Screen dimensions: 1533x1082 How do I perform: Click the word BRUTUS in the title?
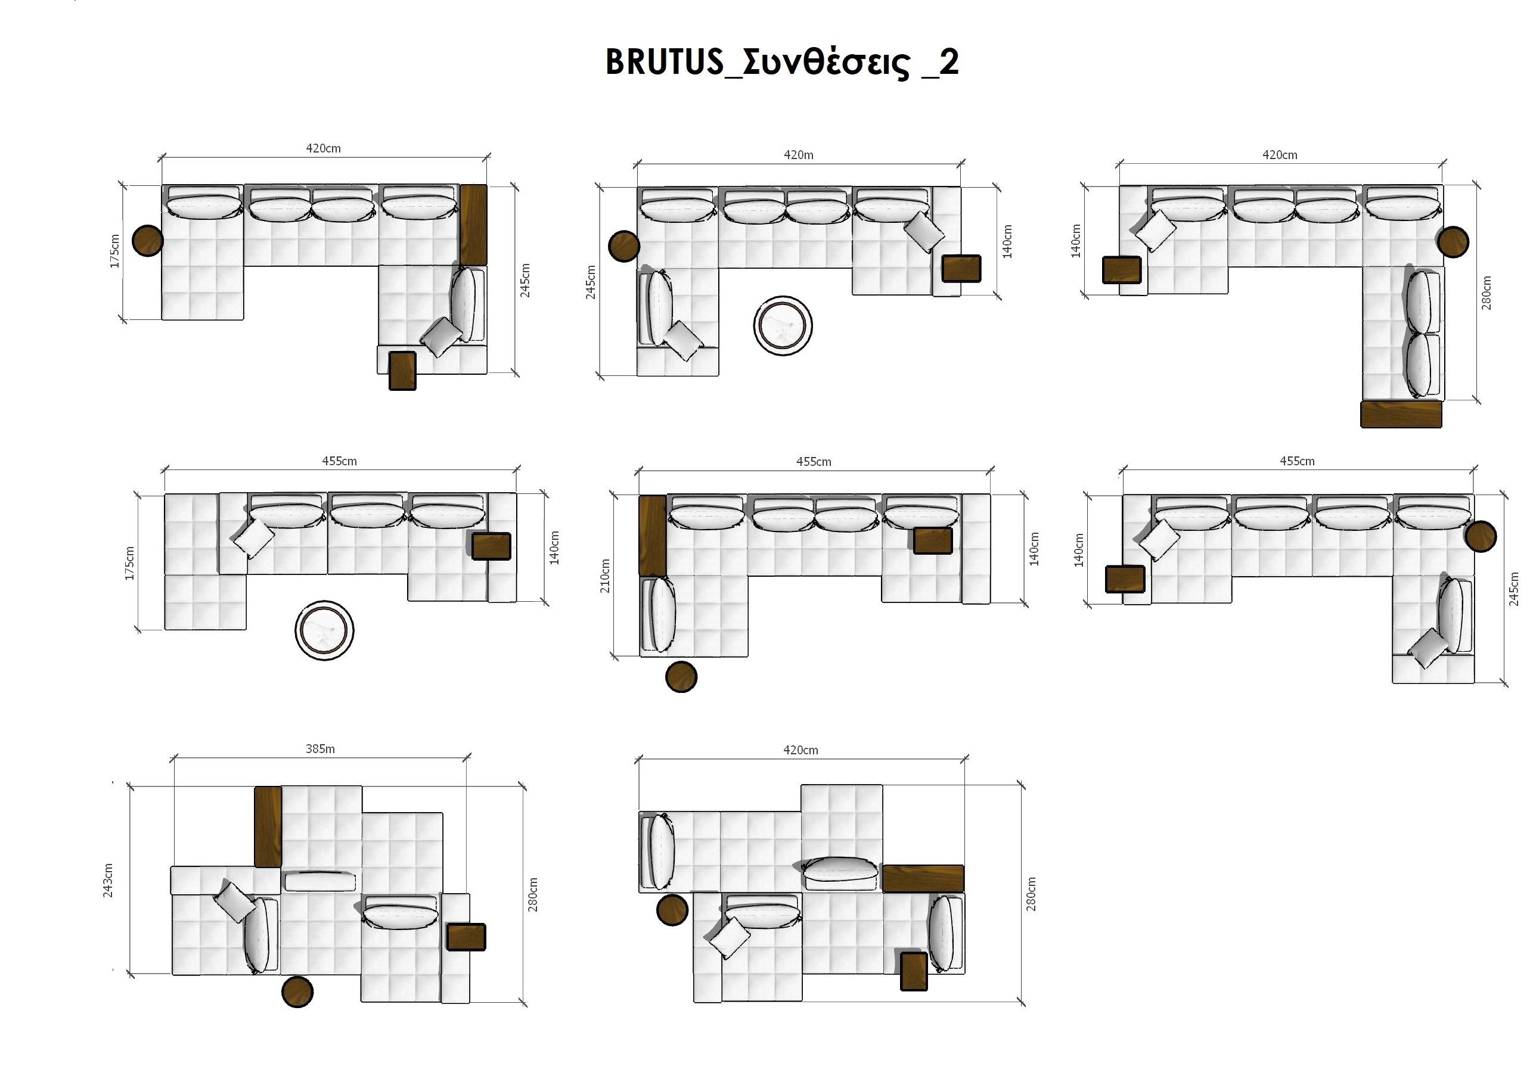click(x=665, y=61)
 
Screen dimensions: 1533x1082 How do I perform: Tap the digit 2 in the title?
click(x=948, y=61)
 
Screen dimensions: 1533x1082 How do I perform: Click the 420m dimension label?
click(x=798, y=155)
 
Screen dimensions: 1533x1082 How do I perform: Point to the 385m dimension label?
click(x=321, y=749)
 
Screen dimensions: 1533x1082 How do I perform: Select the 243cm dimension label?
click(x=108, y=880)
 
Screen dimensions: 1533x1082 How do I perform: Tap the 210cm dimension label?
click(x=605, y=576)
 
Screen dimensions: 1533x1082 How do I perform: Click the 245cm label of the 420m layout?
click(x=591, y=282)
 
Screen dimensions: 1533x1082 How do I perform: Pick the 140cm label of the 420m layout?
click(x=1007, y=242)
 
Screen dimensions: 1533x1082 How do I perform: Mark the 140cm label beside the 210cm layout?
click(x=1034, y=549)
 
